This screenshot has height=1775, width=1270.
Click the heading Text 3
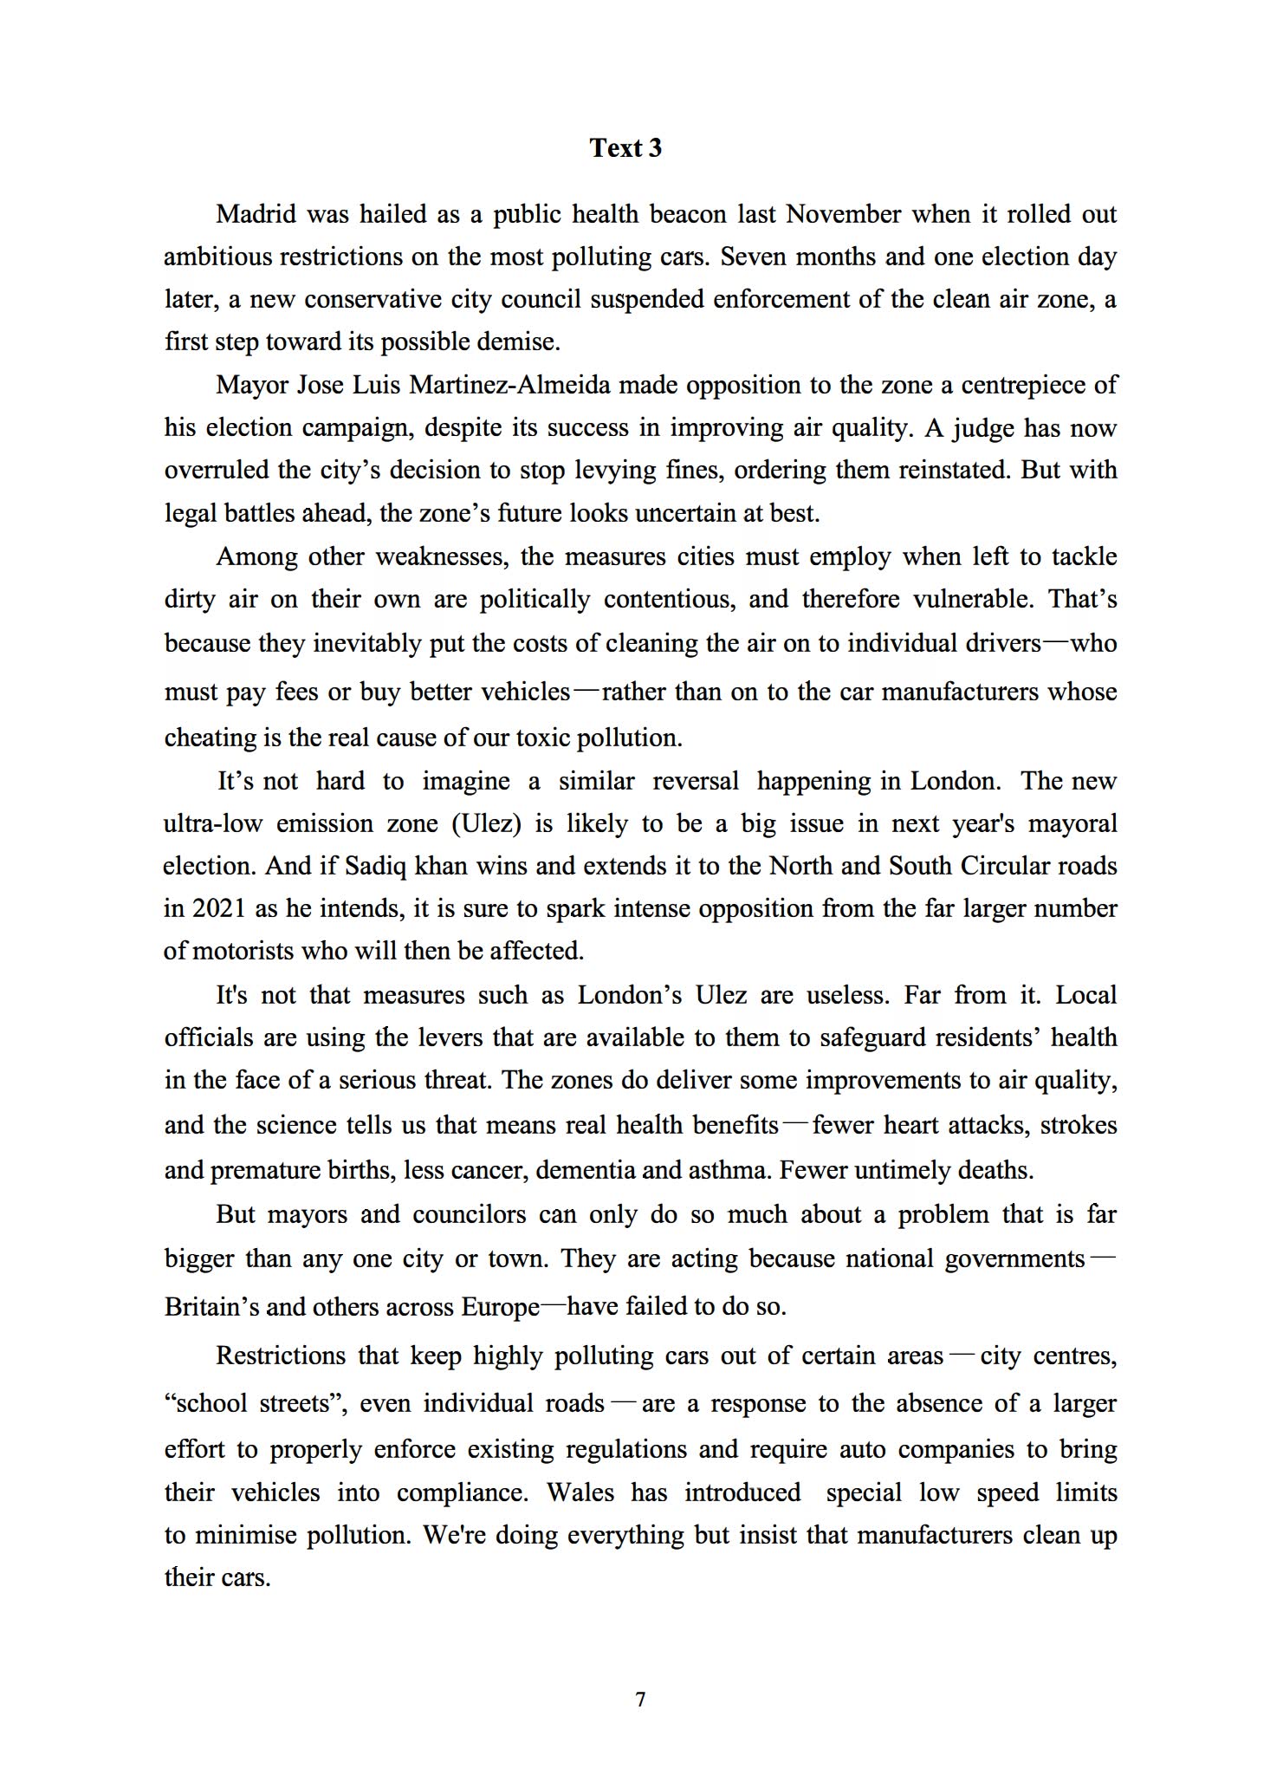pos(625,148)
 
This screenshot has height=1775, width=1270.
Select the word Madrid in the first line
pos(256,214)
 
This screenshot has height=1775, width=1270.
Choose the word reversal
pos(696,781)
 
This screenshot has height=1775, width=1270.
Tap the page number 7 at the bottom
pos(640,1700)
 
